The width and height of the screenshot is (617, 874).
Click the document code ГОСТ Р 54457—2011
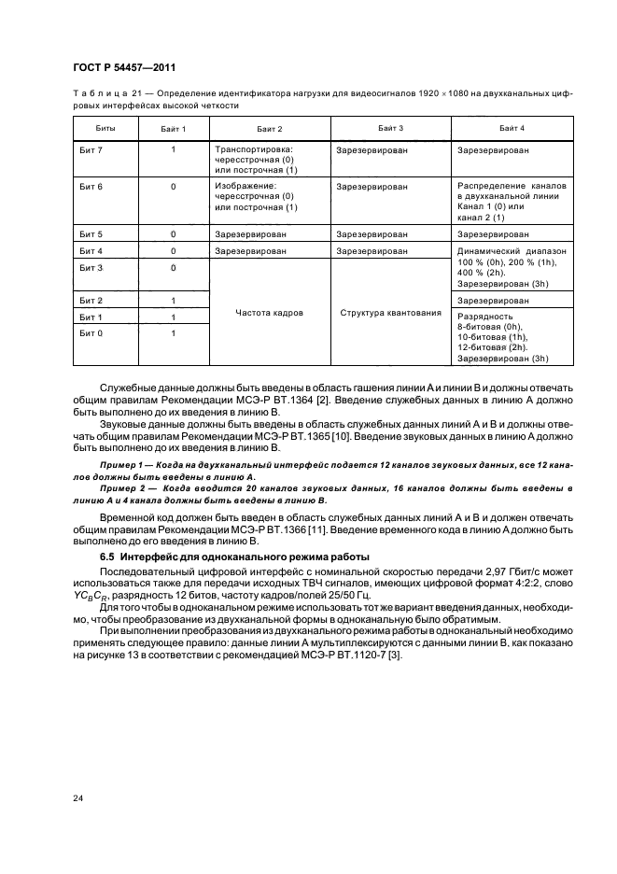125,68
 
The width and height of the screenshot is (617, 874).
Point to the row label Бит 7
91,149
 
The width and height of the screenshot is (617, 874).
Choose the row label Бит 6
91,187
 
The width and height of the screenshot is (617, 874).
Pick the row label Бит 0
91,333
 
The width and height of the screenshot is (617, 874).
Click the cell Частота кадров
270,313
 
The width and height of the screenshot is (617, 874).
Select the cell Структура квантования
390,313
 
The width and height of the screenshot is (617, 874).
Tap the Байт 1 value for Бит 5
174,234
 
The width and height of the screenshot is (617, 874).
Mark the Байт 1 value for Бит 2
174,301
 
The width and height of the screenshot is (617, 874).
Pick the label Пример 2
121,488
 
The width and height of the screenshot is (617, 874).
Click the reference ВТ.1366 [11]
303,529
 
